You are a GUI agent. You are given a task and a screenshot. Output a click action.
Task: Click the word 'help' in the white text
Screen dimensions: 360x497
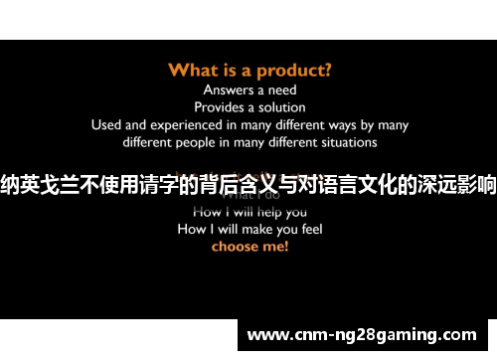click(264, 211)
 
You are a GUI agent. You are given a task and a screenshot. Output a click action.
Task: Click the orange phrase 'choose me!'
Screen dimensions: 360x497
click(249, 246)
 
